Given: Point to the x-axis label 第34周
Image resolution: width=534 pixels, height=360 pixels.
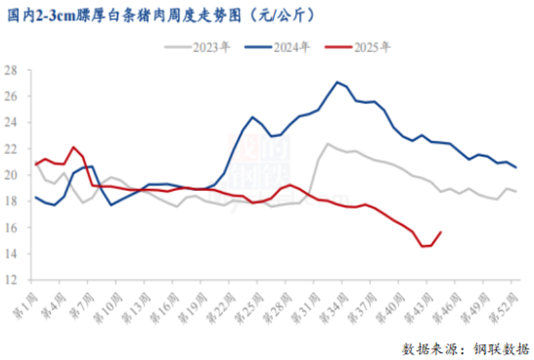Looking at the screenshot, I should [x=339, y=304].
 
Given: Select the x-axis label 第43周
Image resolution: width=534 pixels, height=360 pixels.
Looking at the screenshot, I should [x=425, y=304].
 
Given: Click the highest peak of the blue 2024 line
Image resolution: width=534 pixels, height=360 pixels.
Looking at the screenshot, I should [x=337, y=82].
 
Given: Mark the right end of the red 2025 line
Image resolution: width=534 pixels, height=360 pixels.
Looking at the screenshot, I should [x=441, y=232].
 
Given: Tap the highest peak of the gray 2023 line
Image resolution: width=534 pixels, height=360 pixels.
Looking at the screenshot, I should [x=328, y=144].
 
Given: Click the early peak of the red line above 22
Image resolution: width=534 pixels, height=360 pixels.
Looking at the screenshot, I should [x=73, y=147].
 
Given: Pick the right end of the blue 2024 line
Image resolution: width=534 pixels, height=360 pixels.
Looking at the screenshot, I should [x=516, y=167].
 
